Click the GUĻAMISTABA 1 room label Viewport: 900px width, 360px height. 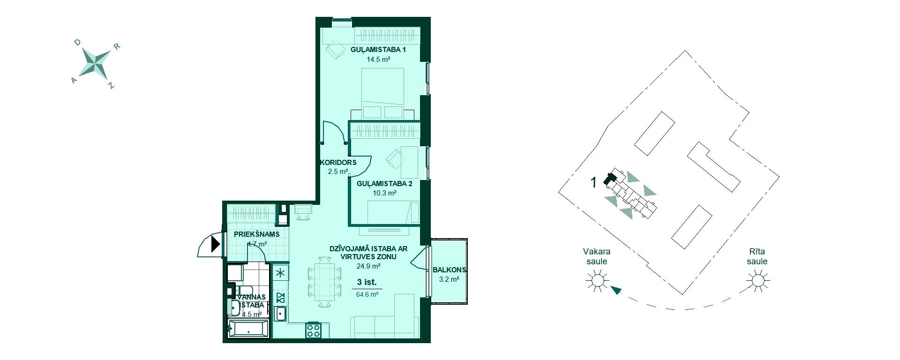point(378,50)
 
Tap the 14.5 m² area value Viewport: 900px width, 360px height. point(379,60)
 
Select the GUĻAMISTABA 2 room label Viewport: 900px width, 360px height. point(384,184)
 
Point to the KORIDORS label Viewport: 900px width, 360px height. point(338,163)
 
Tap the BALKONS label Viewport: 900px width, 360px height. point(449,270)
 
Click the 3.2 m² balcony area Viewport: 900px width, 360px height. point(449,279)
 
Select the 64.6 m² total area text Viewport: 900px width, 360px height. point(367,295)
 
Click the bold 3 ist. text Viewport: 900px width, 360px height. point(367,282)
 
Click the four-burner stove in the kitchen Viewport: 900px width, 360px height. point(313,330)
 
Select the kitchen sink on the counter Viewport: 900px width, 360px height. point(281,313)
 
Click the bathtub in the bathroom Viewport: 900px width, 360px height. point(248,329)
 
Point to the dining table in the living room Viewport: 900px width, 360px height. point(323,282)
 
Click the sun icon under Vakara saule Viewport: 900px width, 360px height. point(597,281)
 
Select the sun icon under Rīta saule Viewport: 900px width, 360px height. point(757,281)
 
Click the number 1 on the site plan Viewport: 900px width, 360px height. point(593,182)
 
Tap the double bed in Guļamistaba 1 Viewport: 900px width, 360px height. point(382,93)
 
